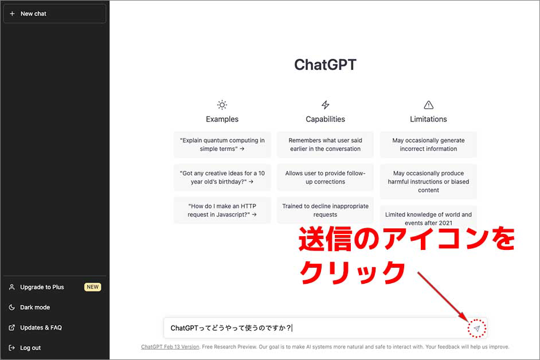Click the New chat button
55,14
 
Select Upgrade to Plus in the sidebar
42,287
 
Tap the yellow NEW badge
93,287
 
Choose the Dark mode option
35,307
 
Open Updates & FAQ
41,328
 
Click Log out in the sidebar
30,348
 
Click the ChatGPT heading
325,65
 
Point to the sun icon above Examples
222,105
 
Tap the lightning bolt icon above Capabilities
326,105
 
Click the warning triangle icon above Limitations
428,105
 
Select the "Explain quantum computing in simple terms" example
222,144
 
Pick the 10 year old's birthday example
222,177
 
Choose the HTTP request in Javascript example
222,210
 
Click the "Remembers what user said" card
325,144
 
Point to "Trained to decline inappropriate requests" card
325,210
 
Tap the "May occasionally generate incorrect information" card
428,144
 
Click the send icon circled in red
476,328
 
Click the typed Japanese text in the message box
231,328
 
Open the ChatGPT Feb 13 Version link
170,347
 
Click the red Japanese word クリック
353,272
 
